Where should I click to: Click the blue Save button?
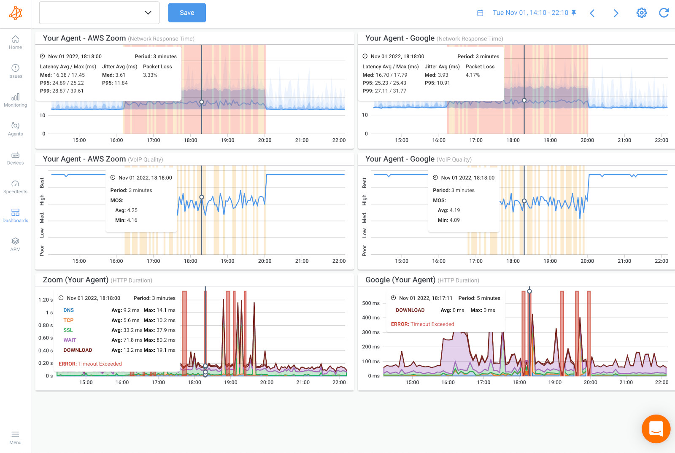(x=187, y=13)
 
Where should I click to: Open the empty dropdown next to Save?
(x=99, y=13)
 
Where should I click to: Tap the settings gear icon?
(x=641, y=13)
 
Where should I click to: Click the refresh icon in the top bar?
(x=664, y=13)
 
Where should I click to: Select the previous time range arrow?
(x=592, y=13)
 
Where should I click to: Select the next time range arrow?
(x=616, y=13)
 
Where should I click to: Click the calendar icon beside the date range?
(x=480, y=13)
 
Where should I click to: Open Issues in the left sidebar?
(x=15, y=71)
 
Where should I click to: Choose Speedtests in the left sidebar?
(x=15, y=186)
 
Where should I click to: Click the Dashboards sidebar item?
(x=15, y=215)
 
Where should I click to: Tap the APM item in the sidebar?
(x=15, y=244)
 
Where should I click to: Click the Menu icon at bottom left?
(x=15, y=437)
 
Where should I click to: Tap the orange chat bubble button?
(x=656, y=429)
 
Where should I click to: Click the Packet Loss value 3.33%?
(x=150, y=75)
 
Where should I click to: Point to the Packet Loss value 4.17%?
(x=472, y=75)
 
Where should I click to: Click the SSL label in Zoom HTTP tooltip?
(x=68, y=330)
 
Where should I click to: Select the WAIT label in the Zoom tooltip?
(x=70, y=340)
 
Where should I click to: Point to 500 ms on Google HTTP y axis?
(x=371, y=303)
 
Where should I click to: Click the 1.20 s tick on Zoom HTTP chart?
(x=46, y=300)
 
